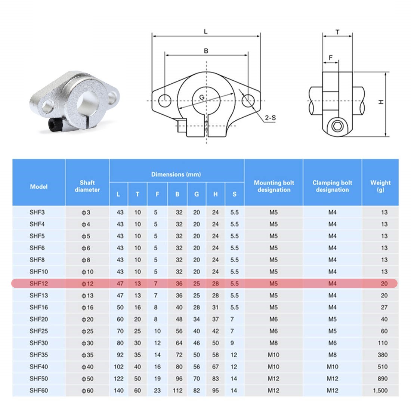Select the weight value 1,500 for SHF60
[381, 390]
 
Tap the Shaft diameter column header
[87, 186]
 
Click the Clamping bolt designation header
[332, 186]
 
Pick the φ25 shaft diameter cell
[87, 331]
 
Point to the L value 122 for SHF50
[119, 378]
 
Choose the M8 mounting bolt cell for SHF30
[274, 343]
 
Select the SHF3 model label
[37, 212]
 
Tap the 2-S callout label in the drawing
[270, 118]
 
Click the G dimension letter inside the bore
[202, 98]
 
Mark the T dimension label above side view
[337, 33]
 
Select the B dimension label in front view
[206, 51]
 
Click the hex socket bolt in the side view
[337, 127]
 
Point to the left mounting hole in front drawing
[165, 100]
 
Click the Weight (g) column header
[380, 186]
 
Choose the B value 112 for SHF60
[178, 390]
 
